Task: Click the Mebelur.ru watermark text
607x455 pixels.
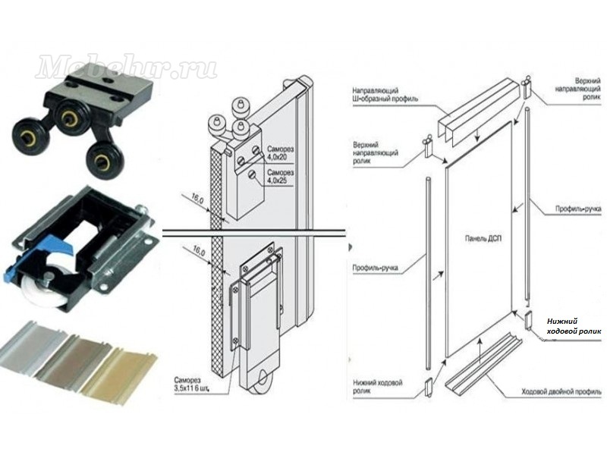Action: pyautogui.click(x=126, y=67)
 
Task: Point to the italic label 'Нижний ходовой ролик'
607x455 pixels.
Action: pyautogui.click(x=573, y=326)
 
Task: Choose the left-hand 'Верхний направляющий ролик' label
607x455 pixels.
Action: pyautogui.click(x=376, y=150)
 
